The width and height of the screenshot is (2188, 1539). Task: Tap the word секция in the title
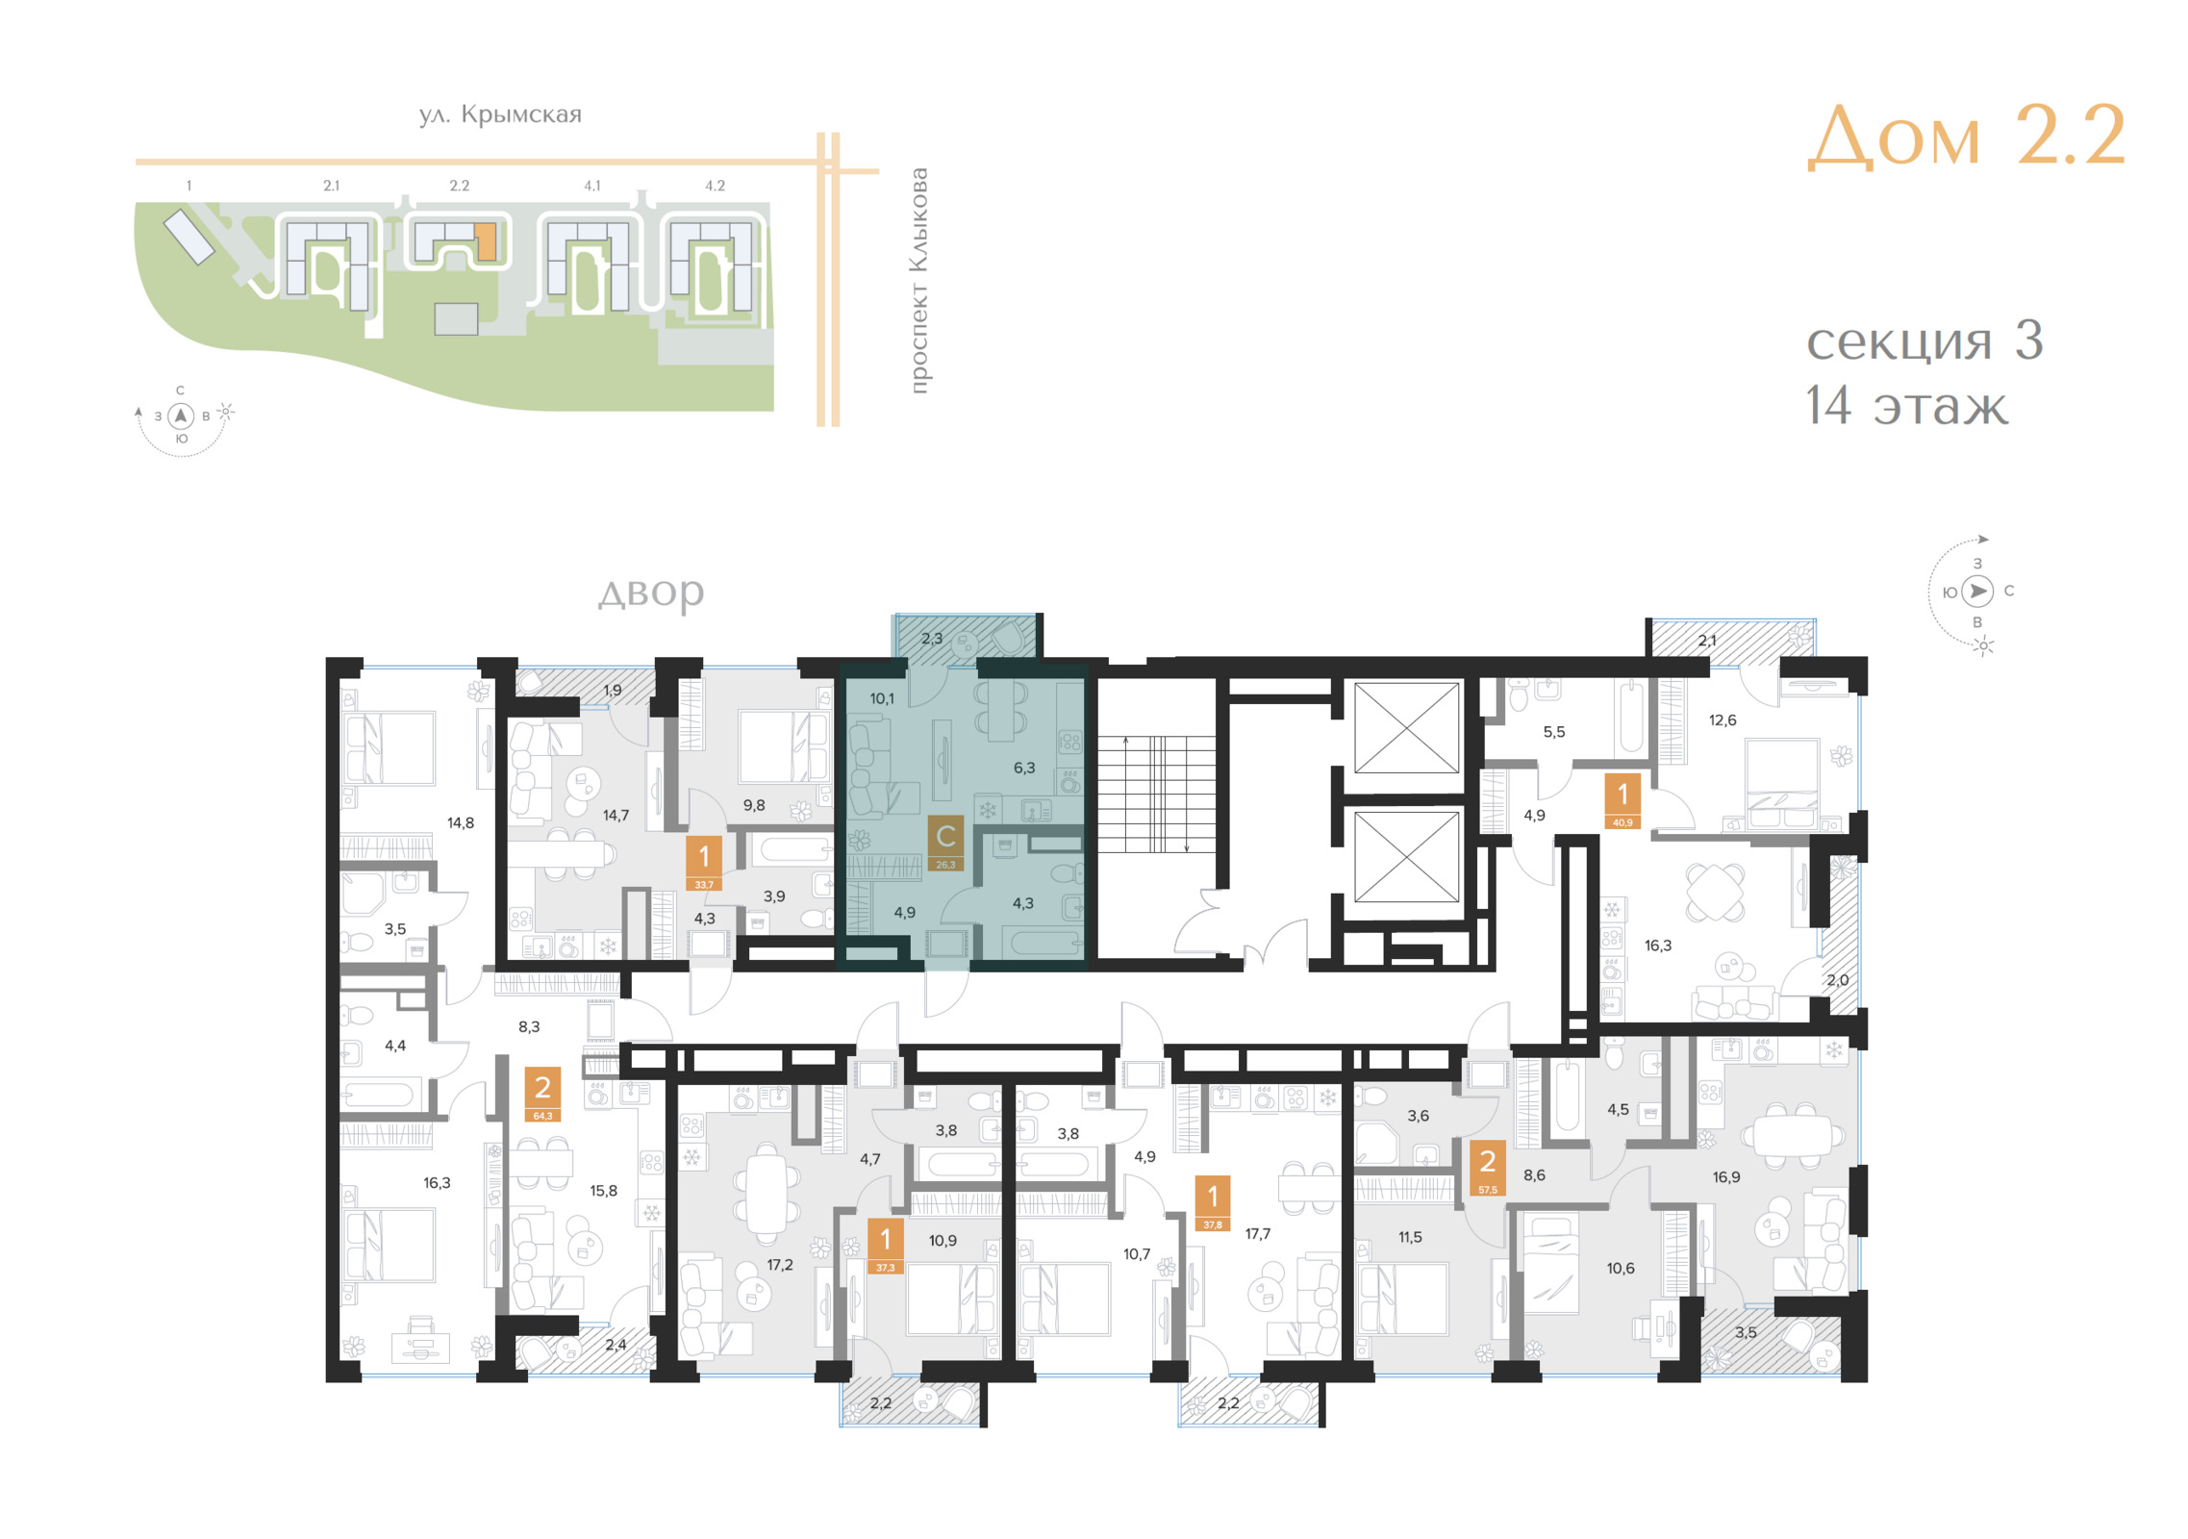tap(1898, 341)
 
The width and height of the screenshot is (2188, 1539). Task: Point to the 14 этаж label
tap(1906, 405)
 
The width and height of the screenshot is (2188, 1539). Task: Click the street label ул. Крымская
tap(500, 114)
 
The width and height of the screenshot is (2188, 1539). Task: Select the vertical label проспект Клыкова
tap(918, 280)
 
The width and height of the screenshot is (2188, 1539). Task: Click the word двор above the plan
tap(651, 593)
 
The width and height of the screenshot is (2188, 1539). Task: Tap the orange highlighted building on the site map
tap(487, 241)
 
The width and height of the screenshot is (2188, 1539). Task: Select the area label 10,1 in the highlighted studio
tap(882, 698)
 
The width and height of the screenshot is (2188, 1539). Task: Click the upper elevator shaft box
tap(1406, 727)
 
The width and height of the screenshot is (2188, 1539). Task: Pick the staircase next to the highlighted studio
tap(1156, 795)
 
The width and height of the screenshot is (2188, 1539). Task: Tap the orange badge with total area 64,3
tap(542, 1096)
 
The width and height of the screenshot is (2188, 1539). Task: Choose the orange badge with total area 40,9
tap(1622, 802)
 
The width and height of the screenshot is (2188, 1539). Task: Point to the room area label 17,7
tap(1257, 1234)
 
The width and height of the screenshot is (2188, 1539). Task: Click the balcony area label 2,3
tap(932, 638)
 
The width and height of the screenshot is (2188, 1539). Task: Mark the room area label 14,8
tap(461, 822)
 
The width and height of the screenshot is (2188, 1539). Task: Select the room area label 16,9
tap(1726, 1176)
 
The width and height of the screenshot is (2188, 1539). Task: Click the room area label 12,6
tap(1723, 719)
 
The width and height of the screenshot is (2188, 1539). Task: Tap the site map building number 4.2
tap(715, 186)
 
